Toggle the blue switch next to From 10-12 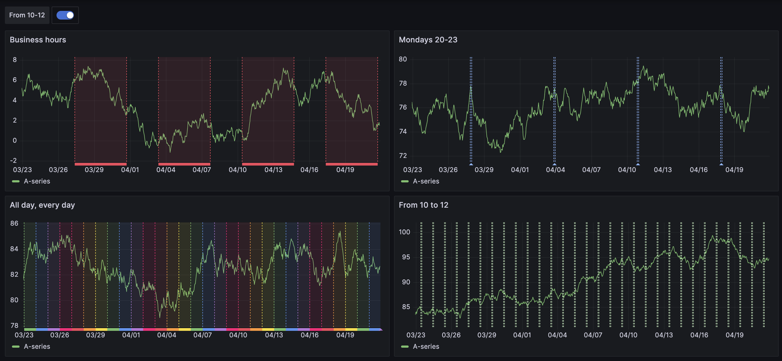pos(65,15)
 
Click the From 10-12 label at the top pos(27,15)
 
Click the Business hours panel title pos(38,40)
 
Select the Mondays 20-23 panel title pos(428,40)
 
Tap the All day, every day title pos(42,205)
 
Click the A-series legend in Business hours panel pos(37,181)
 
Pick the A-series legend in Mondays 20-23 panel pos(426,181)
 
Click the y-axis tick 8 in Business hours pos(15,60)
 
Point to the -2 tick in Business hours pos(13,160)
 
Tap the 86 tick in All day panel pos(14,223)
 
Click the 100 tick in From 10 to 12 pos(404,232)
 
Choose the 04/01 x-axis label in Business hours pos(130,170)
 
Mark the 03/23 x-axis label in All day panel pos(24,335)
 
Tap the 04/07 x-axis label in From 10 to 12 pos(593,335)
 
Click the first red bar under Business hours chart pos(101,164)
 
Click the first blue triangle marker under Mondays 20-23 pos(471,164)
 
